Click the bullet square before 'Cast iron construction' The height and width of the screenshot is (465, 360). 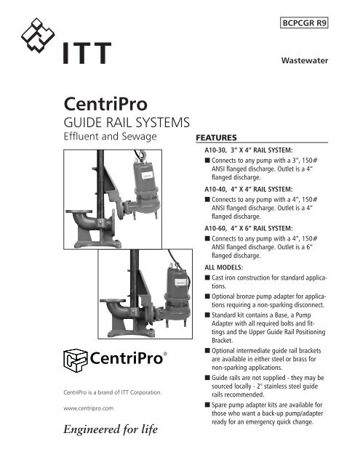[208, 277]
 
